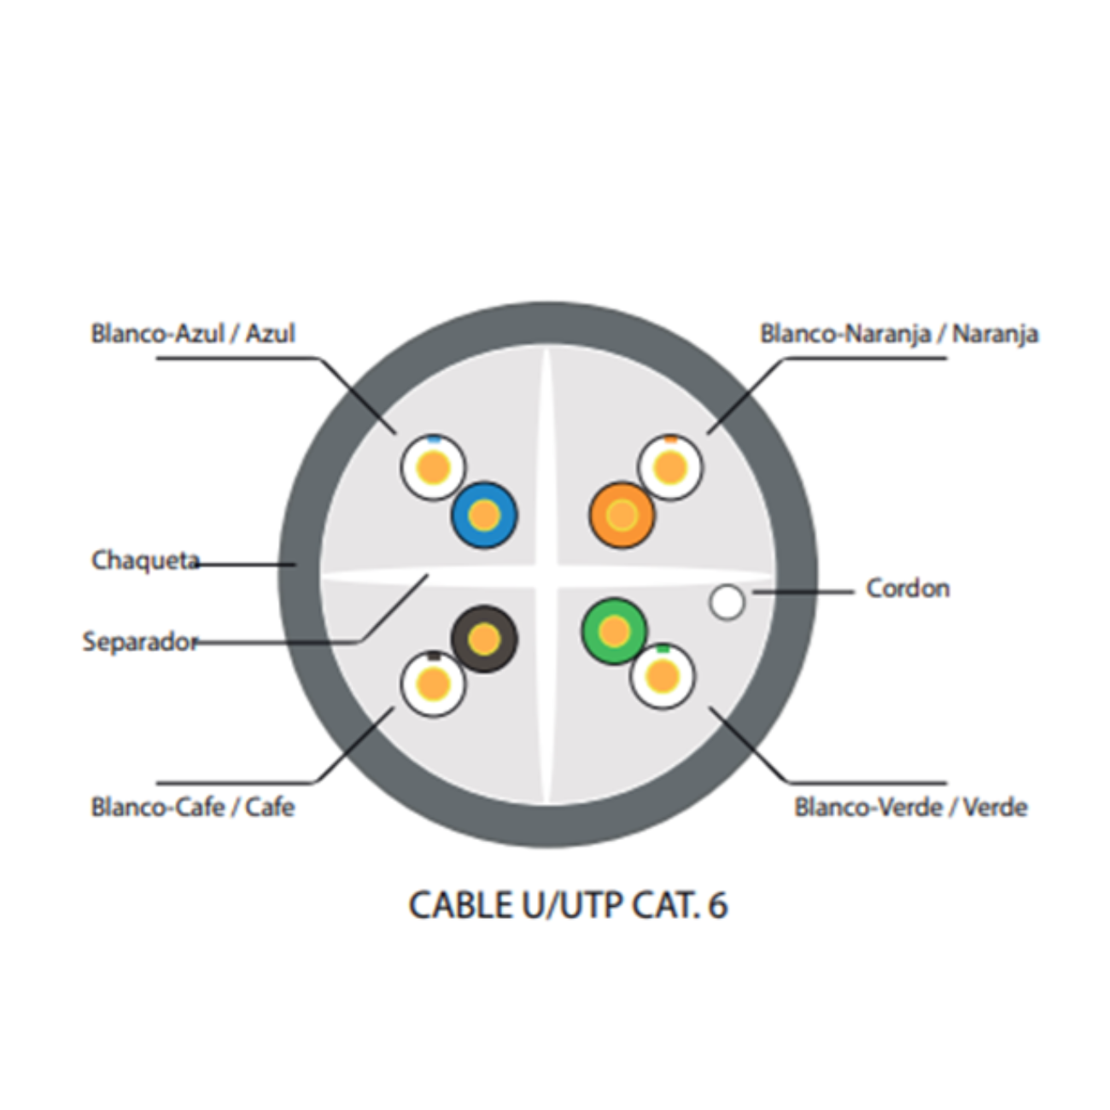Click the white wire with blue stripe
(433, 468)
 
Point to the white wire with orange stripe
(670, 468)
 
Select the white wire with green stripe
(663, 676)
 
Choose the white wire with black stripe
(433, 683)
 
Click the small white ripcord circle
(727, 602)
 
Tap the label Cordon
(908, 588)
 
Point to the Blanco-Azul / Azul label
(193, 333)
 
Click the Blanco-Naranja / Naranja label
(899, 333)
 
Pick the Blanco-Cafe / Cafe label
(193, 807)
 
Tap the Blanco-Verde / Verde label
(910, 807)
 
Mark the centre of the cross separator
(546, 576)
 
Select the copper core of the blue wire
(484, 515)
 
